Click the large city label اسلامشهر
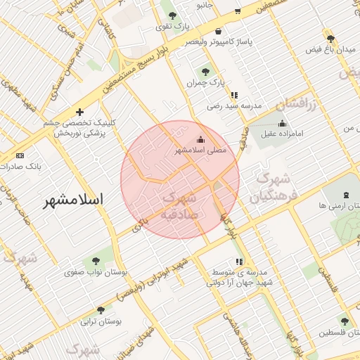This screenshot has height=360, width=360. tap(73, 200)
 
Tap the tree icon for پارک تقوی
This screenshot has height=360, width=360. tap(173, 15)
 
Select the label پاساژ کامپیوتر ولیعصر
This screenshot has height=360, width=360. tap(219, 41)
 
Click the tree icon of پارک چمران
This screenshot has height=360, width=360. tap(205, 71)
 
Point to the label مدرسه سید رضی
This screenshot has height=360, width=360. tap(233, 106)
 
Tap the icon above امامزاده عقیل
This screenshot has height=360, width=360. tap(282, 124)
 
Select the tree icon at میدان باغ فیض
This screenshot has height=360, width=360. tap(330, 39)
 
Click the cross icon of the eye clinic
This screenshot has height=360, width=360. tap(79, 112)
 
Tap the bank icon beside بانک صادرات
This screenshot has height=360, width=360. tap(19, 155)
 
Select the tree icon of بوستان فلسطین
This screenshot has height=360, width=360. tap(344, 321)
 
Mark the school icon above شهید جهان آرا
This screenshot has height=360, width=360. tap(239, 262)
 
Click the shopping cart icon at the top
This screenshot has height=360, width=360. tap(238, 11)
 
